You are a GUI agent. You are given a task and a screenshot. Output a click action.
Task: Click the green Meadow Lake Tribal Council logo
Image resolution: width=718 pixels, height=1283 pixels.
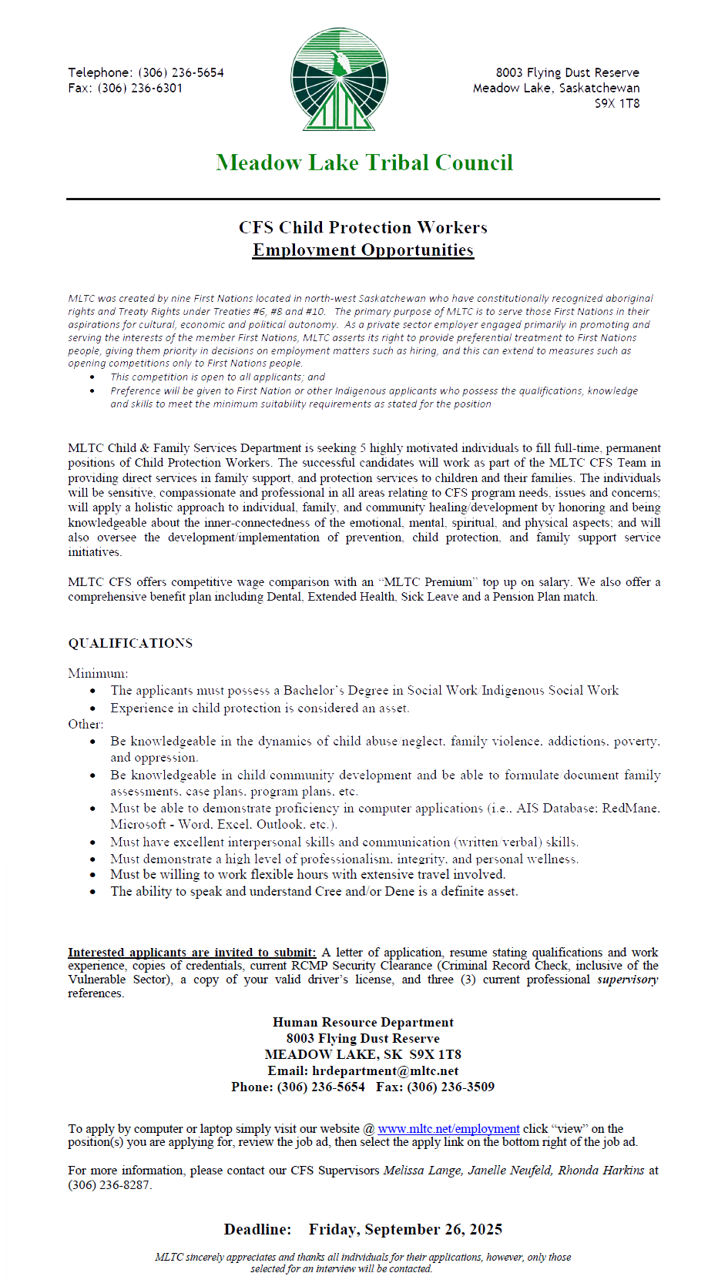[x=339, y=79]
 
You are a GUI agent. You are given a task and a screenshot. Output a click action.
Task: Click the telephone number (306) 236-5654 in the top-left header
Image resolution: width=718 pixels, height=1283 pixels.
[x=181, y=72]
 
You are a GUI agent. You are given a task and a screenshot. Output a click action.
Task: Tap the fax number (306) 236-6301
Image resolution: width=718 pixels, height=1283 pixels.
[x=140, y=88]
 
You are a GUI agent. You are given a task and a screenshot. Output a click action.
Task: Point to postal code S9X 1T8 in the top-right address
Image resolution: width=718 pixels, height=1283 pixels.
[x=616, y=103]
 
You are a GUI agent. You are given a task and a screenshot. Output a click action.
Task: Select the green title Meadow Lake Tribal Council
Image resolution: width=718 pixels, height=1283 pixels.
[x=364, y=162]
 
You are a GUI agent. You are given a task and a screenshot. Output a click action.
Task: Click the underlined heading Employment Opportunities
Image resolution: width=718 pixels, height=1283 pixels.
[x=363, y=250]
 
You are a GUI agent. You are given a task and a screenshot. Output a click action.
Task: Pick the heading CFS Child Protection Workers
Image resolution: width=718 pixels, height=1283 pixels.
[x=363, y=227]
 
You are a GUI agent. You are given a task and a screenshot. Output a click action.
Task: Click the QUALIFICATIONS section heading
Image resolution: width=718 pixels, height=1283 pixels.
[x=130, y=643]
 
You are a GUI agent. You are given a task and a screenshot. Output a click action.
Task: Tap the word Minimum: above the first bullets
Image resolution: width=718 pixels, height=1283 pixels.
[x=98, y=673]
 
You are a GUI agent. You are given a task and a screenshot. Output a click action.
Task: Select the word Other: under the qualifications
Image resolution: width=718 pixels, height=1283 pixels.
[x=86, y=724]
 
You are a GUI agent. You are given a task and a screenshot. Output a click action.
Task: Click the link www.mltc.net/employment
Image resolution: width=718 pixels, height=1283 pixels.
[x=448, y=1128]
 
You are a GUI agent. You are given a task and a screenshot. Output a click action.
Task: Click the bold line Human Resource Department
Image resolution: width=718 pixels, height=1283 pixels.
[x=363, y=1022]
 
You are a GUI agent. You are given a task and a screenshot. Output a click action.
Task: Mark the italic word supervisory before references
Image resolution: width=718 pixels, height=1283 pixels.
[x=627, y=980]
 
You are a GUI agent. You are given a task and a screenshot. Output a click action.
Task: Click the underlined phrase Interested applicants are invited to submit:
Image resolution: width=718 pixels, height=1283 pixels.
[x=192, y=953]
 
